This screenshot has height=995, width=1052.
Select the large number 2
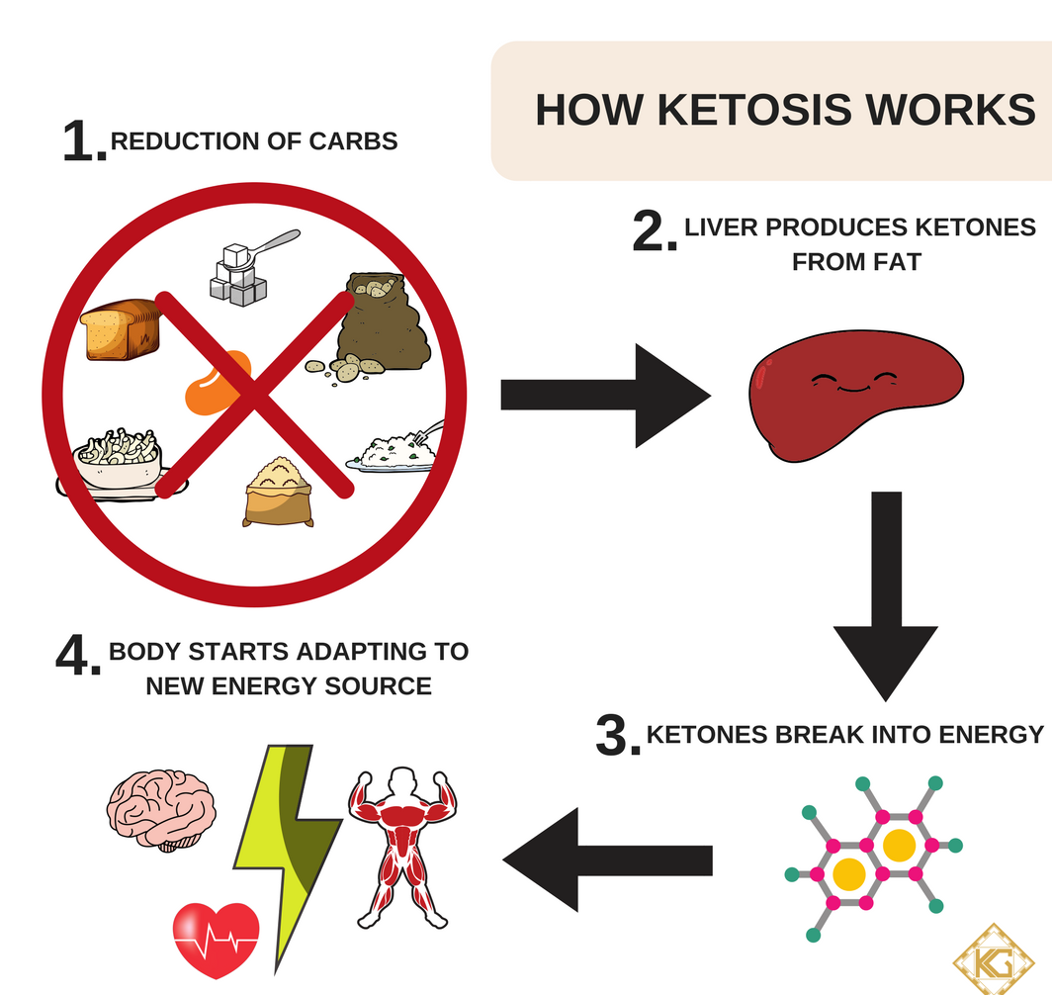pos(654,233)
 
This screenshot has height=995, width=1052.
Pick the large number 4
pos(77,657)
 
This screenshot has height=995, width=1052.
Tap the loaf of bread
pos(121,330)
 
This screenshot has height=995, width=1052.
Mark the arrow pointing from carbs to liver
pos(603,395)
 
